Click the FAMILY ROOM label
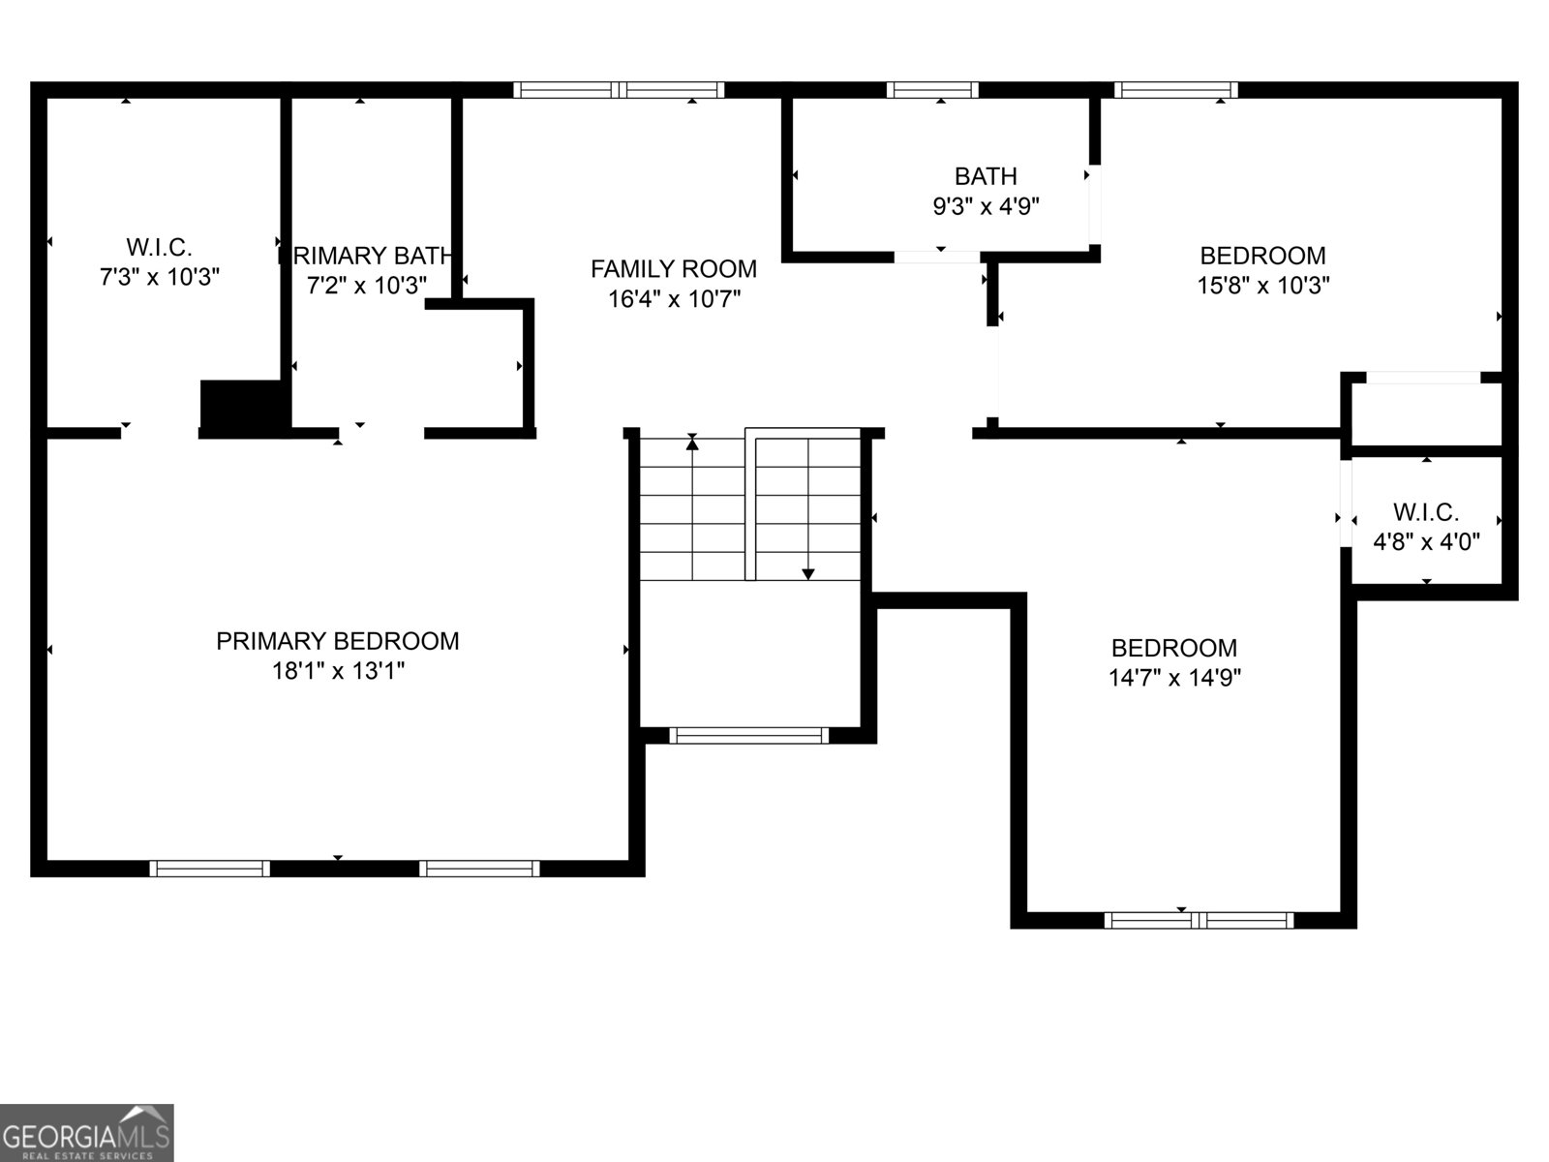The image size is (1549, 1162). coord(674,268)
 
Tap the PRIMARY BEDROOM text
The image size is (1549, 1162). coord(337,641)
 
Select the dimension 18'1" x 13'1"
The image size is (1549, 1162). coord(337,671)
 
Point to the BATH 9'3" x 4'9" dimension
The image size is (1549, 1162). coord(986,206)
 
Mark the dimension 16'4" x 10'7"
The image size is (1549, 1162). coord(674,299)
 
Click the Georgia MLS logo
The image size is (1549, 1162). coord(86,1132)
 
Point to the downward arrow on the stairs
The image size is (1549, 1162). coord(808,573)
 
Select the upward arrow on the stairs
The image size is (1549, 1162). coord(692,443)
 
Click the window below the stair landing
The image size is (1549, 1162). coord(749,735)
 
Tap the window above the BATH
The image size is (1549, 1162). coord(931,90)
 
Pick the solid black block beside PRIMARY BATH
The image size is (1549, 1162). coord(241,405)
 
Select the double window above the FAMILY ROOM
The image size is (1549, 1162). coord(619,90)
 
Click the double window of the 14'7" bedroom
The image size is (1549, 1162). coord(1198,920)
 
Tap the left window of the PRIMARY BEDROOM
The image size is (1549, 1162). coord(209,869)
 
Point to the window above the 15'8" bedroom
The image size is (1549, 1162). coord(1175,90)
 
